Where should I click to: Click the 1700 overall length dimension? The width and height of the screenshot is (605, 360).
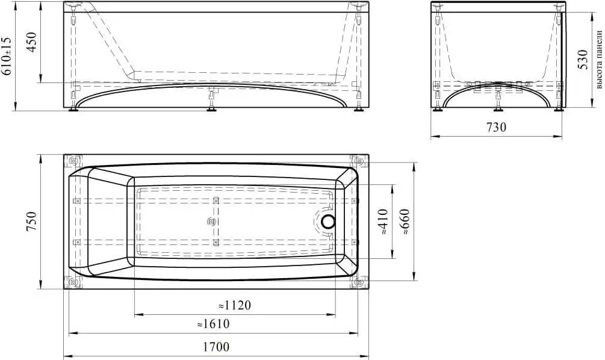click(216, 347)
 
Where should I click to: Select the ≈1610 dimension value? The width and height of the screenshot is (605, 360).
click(213, 324)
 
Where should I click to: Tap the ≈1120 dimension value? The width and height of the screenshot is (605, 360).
click(235, 305)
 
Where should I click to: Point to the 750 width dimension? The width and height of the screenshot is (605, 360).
click(31, 222)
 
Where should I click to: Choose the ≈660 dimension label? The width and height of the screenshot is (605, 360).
click(405, 222)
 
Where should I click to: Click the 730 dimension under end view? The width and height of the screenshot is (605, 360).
click(496, 127)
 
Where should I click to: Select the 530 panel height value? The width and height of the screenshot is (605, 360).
click(582, 59)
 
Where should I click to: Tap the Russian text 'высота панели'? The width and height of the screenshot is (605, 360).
click(598, 60)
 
